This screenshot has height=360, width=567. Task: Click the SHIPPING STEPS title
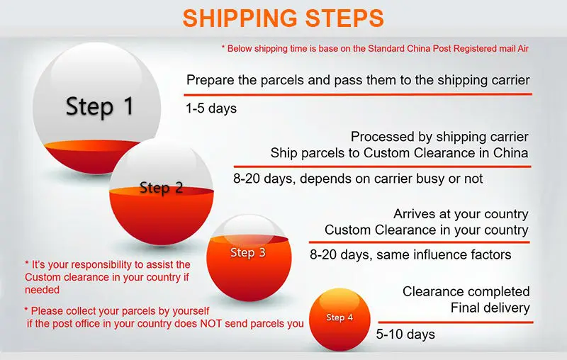pyautogui.click(x=283, y=18)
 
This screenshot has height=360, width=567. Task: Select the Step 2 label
pyautogui.click(x=161, y=188)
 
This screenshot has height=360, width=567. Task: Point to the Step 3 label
pyautogui.click(x=248, y=252)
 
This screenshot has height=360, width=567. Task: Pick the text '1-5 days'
pyautogui.click(x=211, y=108)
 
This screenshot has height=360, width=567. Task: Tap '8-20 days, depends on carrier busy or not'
pyautogui.click(x=357, y=179)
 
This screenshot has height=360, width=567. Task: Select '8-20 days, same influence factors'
pyautogui.click(x=410, y=254)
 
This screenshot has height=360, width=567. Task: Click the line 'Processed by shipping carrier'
pyautogui.click(x=439, y=137)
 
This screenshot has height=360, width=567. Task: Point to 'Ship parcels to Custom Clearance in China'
pyautogui.click(x=399, y=152)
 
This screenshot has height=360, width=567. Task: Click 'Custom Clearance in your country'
pyautogui.click(x=426, y=230)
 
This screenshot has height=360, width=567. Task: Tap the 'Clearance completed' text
pyautogui.click(x=466, y=291)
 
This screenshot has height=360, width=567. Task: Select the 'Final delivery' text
pyautogui.click(x=490, y=308)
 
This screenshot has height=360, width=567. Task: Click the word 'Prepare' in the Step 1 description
pyautogui.click(x=211, y=80)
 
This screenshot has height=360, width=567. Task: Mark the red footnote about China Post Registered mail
pyautogui.click(x=376, y=48)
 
